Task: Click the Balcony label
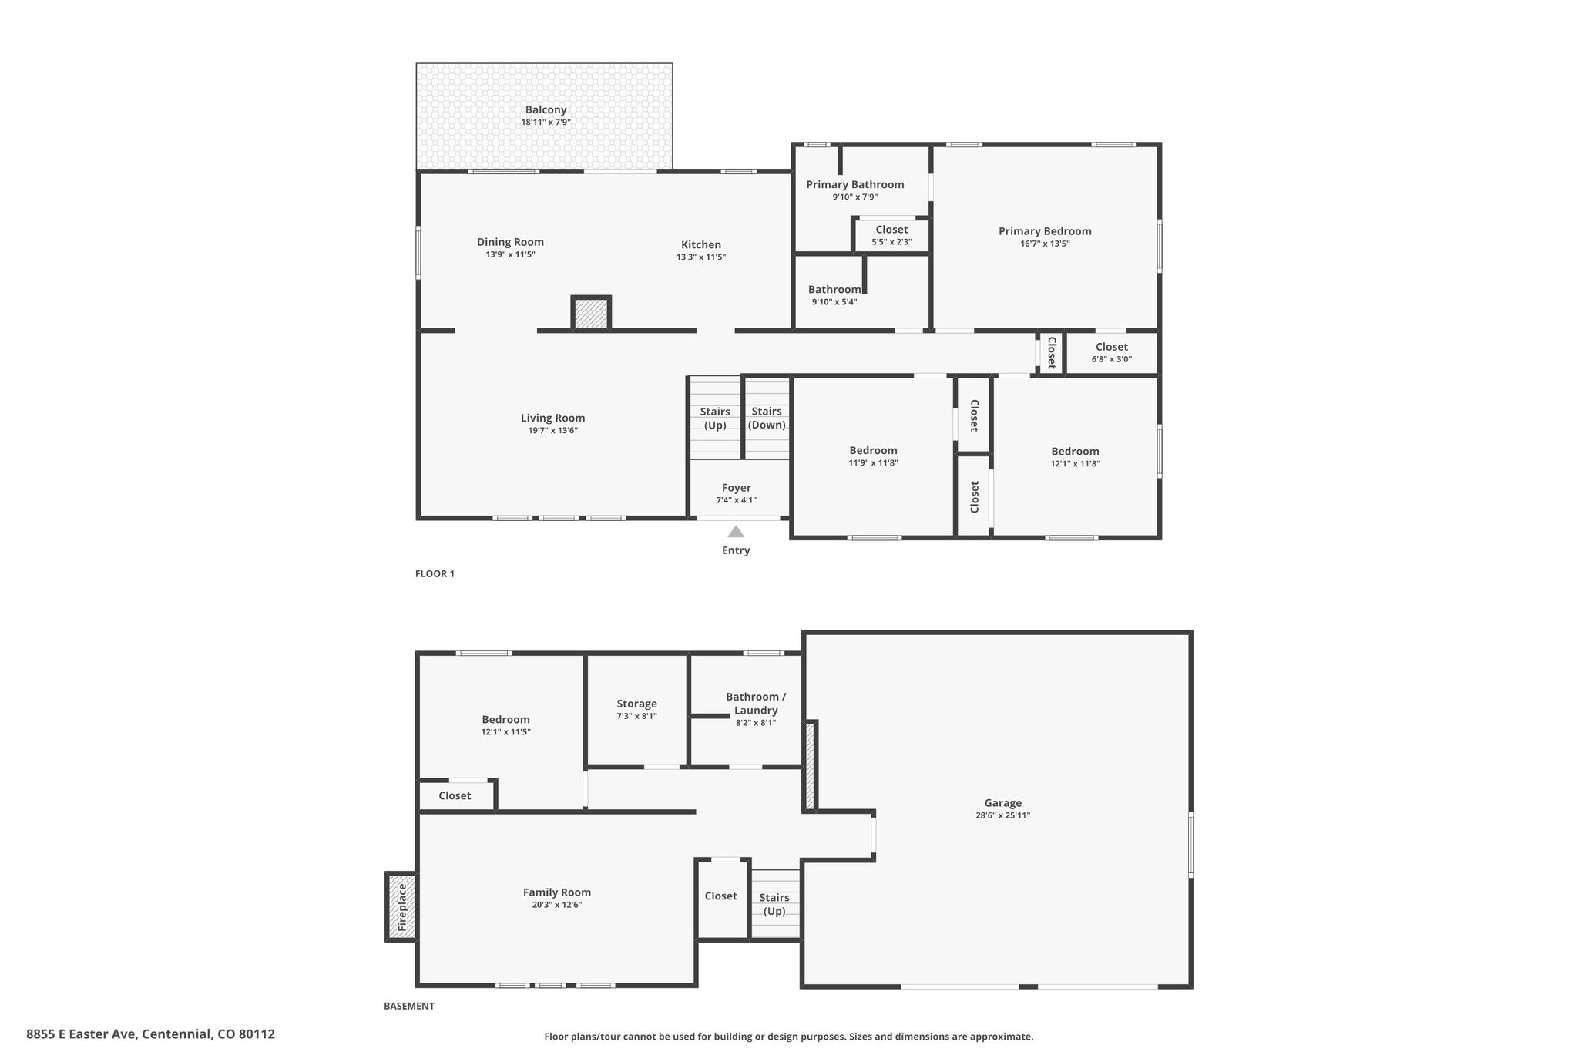coord(546,110)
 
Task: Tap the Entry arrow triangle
coord(736,531)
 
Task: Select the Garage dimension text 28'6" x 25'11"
coord(1002,815)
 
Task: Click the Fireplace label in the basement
coord(401,907)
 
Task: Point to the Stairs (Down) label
coord(767,418)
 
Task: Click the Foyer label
coord(737,488)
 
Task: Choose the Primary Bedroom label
coord(1045,231)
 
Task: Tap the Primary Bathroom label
coord(855,184)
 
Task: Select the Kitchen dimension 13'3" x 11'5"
coord(701,257)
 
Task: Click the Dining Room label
coord(510,242)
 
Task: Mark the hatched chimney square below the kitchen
coord(591,314)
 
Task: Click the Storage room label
coord(636,704)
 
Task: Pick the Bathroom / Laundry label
coord(756,704)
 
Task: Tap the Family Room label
coord(557,892)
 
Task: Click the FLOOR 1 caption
coord(435,574)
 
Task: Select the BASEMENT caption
coord(409,1006)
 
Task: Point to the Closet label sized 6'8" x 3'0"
coord(1112,347)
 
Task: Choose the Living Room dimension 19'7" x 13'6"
coord(552,431)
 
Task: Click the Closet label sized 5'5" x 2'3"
coord(891,230)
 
